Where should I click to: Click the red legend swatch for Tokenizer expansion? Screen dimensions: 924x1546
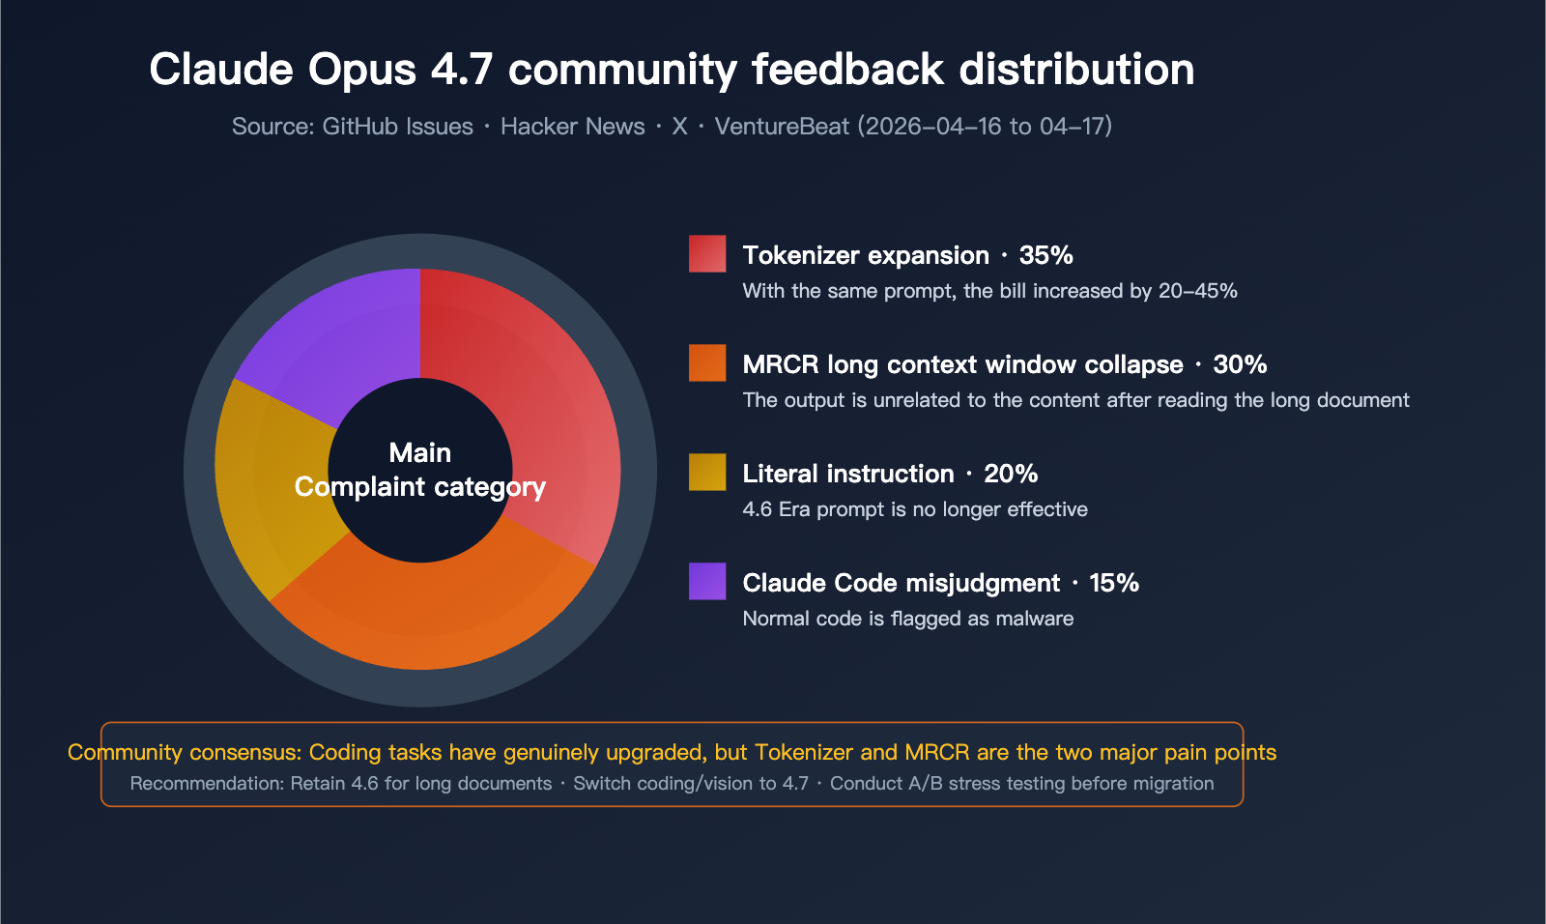coord(707,253)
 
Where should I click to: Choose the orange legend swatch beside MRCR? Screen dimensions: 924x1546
coord(707,362)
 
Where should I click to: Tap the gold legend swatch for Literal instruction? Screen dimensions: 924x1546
coord(707,472)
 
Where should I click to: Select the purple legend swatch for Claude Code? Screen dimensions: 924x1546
coord(707,581)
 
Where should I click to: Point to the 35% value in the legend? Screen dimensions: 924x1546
coord(1045,255)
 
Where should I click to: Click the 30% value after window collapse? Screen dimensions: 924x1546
coord(1240,364)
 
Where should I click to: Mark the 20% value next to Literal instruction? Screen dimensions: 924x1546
coord(1011,474)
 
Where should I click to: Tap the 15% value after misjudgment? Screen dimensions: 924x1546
coord(1114,583)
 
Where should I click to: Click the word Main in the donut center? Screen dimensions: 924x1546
coord(420,452)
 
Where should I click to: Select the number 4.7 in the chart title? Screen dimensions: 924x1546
coord(462,70)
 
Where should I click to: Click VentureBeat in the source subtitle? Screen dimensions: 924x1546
coord(782,127)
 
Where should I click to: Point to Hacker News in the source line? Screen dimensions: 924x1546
coord(572,127)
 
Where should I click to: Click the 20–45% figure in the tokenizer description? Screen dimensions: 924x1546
coord(1197,291)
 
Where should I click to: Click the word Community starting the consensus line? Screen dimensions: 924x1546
coord(125,752)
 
